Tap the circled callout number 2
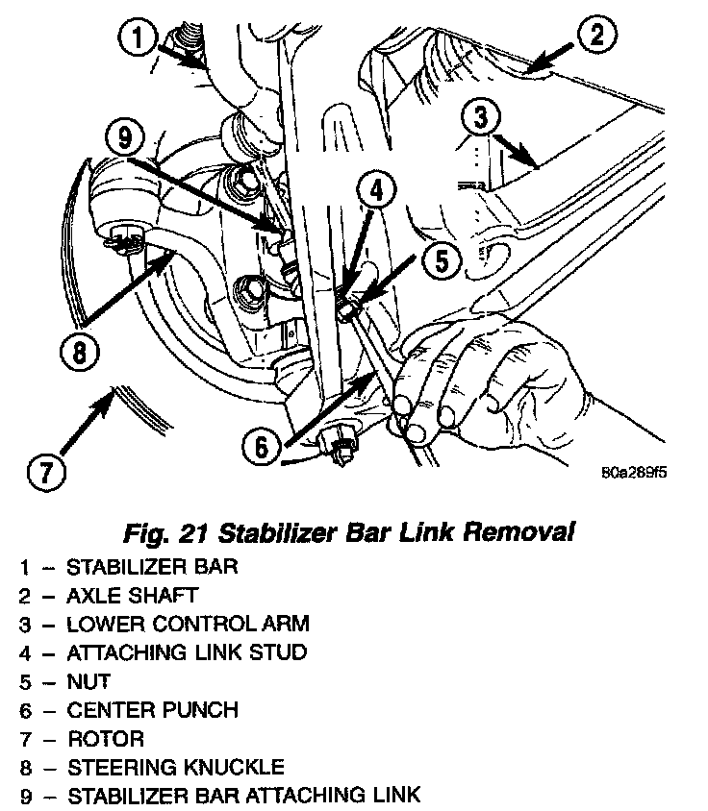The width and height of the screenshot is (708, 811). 595,37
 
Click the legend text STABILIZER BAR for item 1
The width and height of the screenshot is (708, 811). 152,565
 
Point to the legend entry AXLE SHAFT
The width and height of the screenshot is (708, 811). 132,595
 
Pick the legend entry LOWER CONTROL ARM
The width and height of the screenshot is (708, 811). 188,624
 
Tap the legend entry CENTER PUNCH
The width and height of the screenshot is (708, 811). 152,710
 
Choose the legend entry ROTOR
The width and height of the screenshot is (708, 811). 105,739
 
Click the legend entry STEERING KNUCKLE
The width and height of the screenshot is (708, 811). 175,767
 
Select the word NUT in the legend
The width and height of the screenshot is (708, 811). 88,681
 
